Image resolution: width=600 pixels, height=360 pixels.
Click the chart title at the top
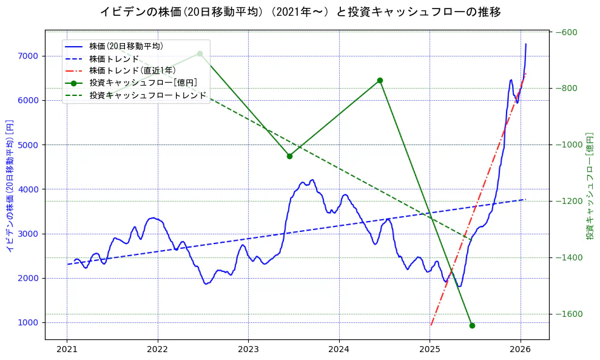coord(300,12)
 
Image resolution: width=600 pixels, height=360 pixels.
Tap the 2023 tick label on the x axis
coord(248,350)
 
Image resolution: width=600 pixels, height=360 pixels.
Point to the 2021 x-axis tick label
coord(67,350)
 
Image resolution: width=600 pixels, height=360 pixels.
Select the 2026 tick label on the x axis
coord(521,350)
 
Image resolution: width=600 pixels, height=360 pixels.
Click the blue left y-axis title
coord(10,185)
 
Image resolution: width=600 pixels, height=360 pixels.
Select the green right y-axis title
coord(590,185)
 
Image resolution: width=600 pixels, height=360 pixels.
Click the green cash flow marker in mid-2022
coord(200,53)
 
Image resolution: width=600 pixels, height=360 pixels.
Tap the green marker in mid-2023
coord(289,156)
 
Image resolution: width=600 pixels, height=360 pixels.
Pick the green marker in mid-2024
coord(380,80)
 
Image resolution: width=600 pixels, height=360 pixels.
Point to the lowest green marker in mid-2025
coord(472,325)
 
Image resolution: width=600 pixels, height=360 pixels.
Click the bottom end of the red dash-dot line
coord(430,325)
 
